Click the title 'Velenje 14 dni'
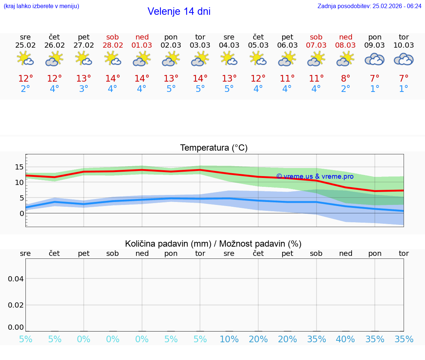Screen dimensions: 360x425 (x=179, y=11)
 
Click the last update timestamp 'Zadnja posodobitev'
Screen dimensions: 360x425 (x=369, y=6)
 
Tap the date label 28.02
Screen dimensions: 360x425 (x=113, y=45)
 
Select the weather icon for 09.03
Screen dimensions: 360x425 (x=374, y=59)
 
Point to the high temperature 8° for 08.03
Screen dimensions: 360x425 (x=345, y=79)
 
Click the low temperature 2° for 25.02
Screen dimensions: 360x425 (x=25, y=89)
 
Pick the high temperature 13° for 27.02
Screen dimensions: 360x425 (x=84, y=79)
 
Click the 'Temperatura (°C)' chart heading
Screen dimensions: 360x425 (x=214, y=148)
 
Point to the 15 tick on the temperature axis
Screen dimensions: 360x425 (x=19, y=167)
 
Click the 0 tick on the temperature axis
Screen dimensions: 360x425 (x=22, y=213)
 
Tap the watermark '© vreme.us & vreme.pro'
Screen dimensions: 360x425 (x=315, y=176)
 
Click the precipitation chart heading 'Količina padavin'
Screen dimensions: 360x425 (x=213, y=244)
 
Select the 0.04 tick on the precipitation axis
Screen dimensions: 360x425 (x=16, y=279)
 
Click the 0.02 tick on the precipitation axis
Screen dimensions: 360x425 (x=16, y=305)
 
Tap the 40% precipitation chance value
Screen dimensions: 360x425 (x=345, y=339)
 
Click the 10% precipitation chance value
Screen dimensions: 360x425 (x=229, y=339)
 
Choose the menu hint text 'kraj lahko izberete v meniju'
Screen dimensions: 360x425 (x=41, y=6)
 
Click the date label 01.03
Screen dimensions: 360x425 (x=142, y=45)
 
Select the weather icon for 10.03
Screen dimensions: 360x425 (x=404, y=59)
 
